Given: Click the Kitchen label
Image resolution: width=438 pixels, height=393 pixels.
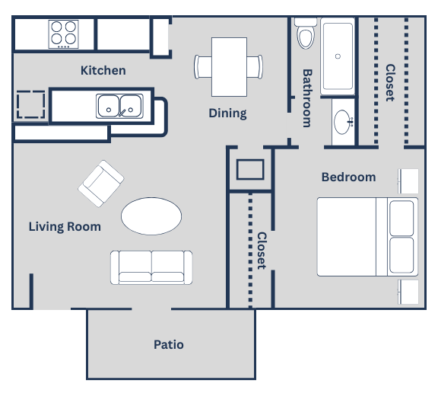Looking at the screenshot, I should tap(103, 71).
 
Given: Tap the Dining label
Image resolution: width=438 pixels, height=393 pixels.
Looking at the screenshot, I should tap(227, 113).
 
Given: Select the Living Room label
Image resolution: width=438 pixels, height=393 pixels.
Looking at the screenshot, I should tap(65, 226).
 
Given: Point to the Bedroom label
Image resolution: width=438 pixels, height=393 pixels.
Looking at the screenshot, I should tap(348, 177).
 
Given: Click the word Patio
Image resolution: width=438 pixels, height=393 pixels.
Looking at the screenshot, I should tap(168, 344).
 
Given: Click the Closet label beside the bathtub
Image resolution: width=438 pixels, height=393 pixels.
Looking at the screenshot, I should tap(389, 82).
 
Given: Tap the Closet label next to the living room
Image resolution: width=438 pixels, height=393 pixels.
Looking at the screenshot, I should tap(261, 251).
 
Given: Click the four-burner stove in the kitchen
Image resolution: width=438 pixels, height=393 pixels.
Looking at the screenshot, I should tap(63, 34).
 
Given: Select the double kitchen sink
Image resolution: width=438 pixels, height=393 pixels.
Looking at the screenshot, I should tap(119, 106).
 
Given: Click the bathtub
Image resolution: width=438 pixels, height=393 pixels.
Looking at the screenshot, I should tap(337, 57).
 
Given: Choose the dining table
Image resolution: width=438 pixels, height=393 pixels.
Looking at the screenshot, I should tap(228, 65).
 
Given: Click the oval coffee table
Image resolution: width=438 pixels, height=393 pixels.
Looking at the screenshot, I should tap(152, 216).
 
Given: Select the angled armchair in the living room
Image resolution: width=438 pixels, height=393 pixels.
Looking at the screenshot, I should tap(101, 184).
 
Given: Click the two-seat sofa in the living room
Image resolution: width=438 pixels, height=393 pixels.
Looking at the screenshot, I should tap(152, 267).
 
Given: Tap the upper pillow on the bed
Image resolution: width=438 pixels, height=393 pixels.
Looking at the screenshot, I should tap(401, 218).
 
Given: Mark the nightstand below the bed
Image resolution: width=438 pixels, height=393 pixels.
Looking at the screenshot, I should tap(409, 292).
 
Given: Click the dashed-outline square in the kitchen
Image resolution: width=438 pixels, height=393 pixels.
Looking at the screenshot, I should tap(30, 105).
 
